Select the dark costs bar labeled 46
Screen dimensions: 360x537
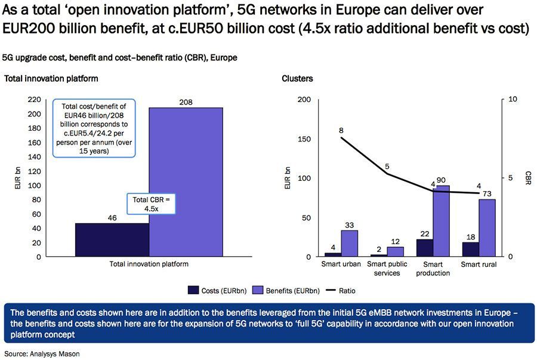pos(112,240)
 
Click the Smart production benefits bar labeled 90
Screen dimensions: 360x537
pos(442,221)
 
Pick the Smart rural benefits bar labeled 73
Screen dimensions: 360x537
pos(487,227)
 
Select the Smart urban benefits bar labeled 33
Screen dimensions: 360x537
pos(349,243)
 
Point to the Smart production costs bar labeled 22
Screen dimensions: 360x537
pos(425,248)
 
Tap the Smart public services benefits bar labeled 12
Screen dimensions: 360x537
pos(394,251)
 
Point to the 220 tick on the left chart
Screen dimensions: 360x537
pos(34,100)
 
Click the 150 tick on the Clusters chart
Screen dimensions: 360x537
pos(304,139)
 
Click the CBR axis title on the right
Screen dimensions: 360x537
pos(527,178)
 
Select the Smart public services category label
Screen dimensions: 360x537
pos(388,268)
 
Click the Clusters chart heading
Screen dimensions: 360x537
pos(297,78)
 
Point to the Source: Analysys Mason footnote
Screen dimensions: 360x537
pos(42,353)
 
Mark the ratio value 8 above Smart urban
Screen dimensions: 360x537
pos(341,130)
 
